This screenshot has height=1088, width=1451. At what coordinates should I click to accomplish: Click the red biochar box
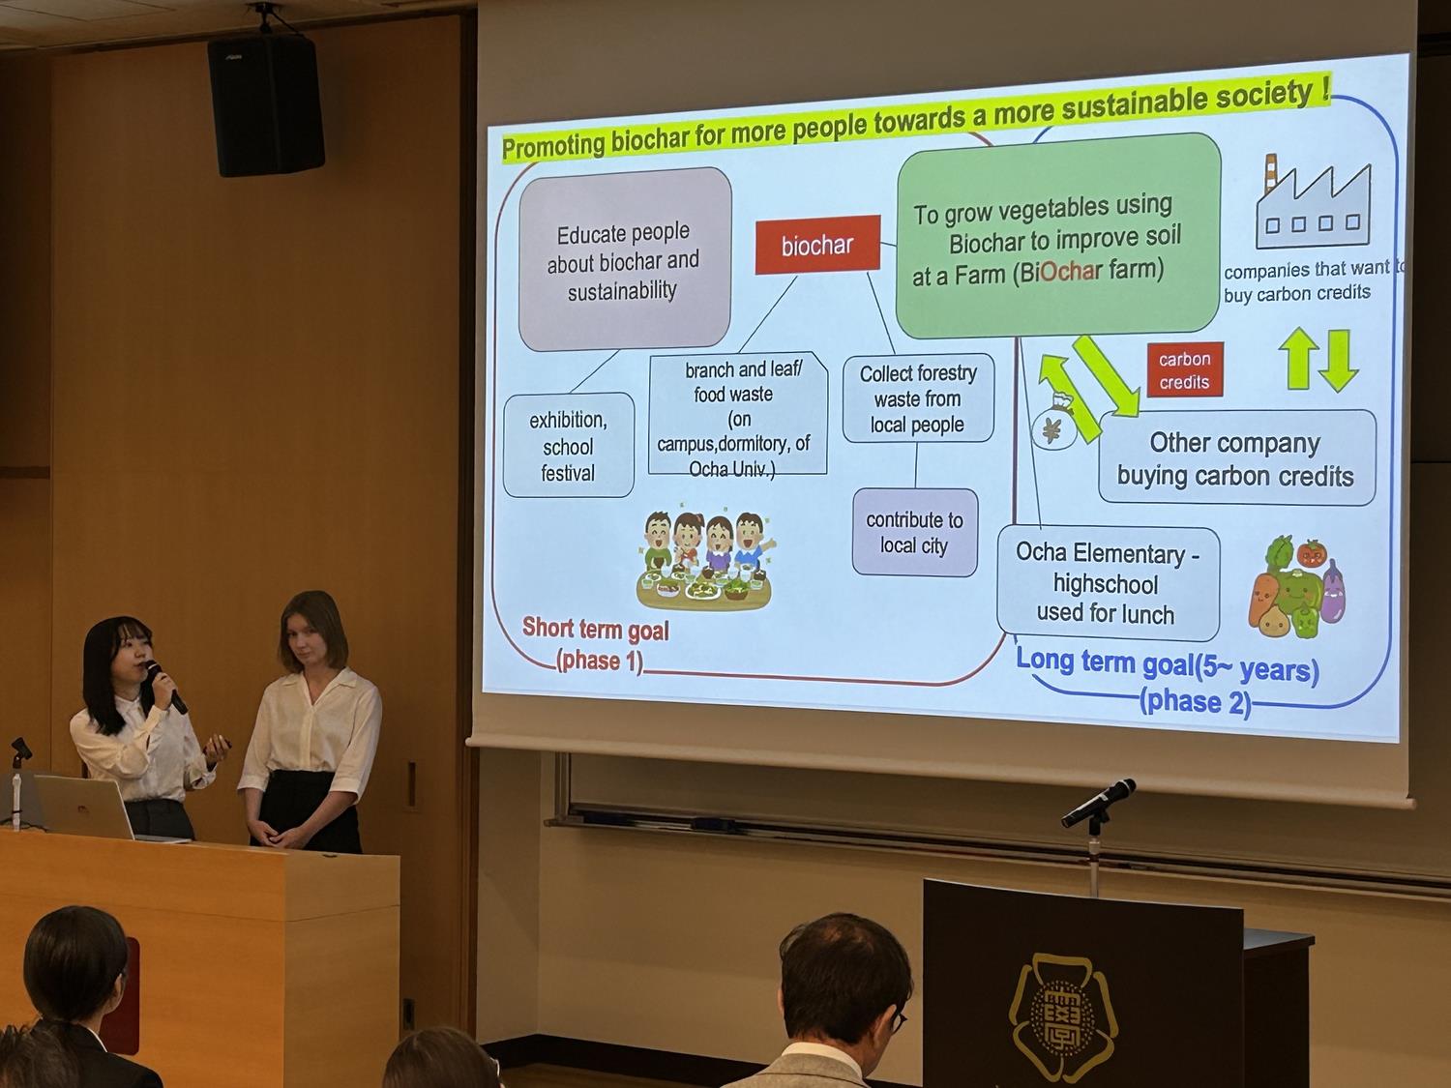817,245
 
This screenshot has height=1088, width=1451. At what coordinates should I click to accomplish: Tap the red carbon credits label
1185,370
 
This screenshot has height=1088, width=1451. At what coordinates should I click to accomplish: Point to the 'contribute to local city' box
915,533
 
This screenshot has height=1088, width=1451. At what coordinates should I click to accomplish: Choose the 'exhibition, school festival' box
569,445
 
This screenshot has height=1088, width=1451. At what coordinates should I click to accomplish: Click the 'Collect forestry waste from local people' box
918,398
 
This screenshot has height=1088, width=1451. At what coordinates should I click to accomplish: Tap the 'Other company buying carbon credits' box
1237,458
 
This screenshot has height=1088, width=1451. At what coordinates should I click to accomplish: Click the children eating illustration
705,561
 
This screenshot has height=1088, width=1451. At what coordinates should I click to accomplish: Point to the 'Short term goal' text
595,629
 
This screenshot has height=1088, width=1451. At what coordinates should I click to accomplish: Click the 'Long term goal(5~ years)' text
1168,666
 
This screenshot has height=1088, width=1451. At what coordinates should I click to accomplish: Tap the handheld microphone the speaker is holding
166,687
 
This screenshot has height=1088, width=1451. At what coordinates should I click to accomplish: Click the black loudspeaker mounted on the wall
266,104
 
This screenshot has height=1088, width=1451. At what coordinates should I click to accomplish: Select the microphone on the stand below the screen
1098,803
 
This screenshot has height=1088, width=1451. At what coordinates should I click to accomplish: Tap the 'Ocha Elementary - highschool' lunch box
1109,583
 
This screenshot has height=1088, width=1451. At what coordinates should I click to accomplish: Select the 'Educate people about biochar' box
625,259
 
